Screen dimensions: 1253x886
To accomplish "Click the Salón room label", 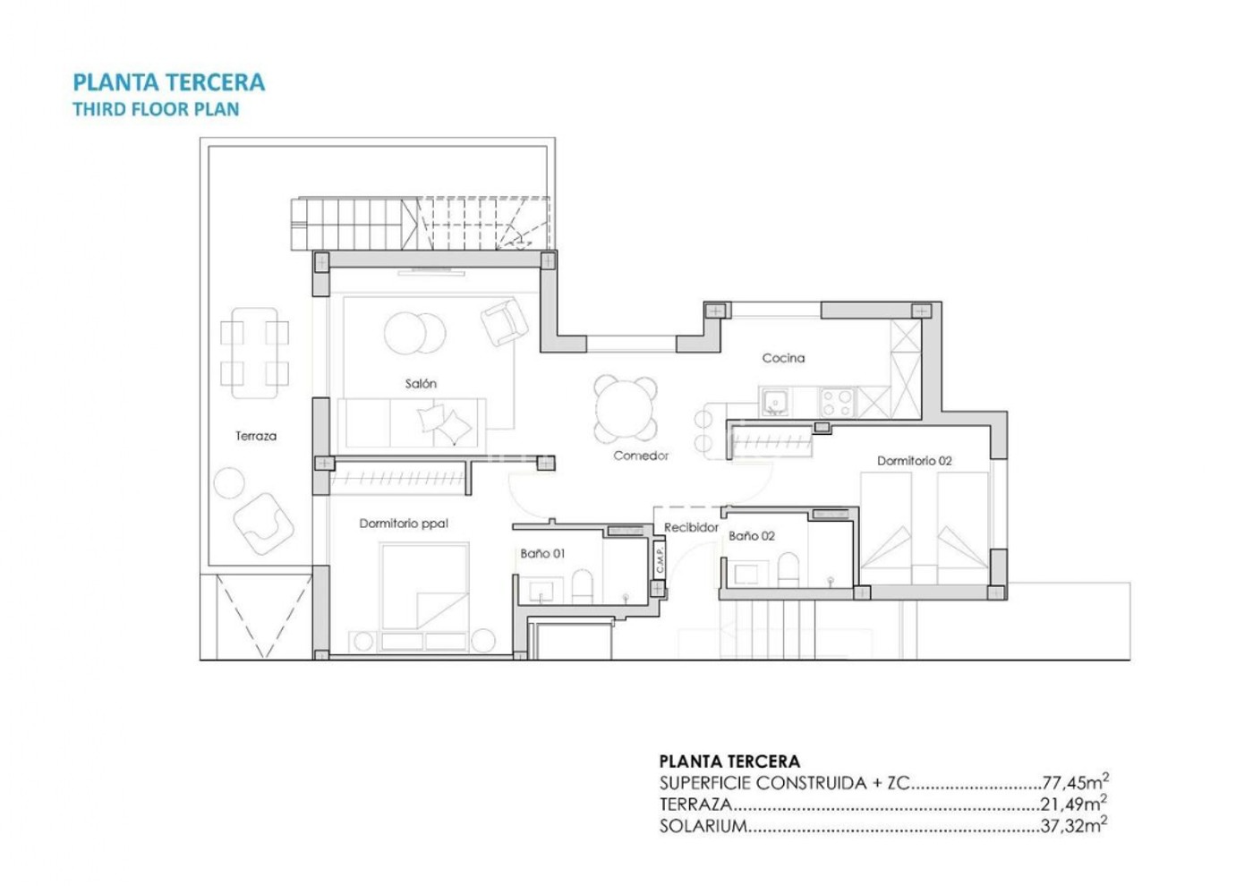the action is pyautogui.click(x=421, y=384).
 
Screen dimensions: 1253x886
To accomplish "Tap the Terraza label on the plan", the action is pyautogui.click(x=256, y=436).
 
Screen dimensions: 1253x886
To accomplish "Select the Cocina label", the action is pyautogui.click(x=783, y=358).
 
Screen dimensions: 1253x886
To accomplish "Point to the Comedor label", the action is pyautogui.click(x=641, y=456).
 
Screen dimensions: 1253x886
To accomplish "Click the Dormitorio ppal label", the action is pyautogui.click(x=404, y=524).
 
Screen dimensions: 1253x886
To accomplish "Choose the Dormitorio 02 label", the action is pyautogui.click(x=914, y=461).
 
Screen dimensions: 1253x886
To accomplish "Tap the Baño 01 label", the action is pyautogui.click(x=542, y=554).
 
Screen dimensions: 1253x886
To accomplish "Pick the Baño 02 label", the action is pyautogui.click(x=751, y=536).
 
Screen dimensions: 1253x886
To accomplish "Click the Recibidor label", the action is pyautogui.click(x=691, y=527).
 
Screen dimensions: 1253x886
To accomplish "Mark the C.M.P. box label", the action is pyautogui.click(x=660, y=559).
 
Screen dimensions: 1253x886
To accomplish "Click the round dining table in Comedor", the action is pyautogui.click(x=626, y=408).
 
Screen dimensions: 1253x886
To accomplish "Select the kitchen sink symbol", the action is pyautogui.click(x=775, y=402).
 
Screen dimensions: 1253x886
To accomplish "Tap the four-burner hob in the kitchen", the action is pyautogui.click(x=838, y=402).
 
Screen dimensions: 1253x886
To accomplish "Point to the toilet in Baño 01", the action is pyautogui.click(x=582, y=586).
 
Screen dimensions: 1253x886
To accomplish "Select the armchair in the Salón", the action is pyautogui.click(x=504, y=321).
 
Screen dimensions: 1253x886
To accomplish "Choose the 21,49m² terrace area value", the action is pyautogui.click(x=1073, y=804).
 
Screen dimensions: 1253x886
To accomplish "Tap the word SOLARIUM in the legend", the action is pyautogui.click(x=703, y=826).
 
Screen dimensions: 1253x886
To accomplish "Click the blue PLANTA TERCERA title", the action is pyautogui.click(x=168, y=82).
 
